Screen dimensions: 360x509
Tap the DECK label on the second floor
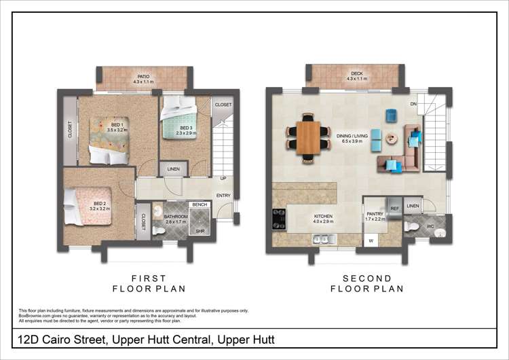point(356,74)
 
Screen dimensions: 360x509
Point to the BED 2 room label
point(100,204)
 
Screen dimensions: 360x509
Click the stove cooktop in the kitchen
point(279,217)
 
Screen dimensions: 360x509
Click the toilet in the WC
point(413,227)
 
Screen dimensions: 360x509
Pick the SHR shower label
point(200,230)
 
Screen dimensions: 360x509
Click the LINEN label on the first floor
point(173,169)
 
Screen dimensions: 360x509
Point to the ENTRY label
point(223,196)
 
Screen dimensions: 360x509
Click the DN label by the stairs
point(413,104)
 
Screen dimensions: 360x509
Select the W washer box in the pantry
point(371,240)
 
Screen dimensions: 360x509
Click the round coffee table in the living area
point(391,139)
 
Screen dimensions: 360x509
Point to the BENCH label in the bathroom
point(200,204)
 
